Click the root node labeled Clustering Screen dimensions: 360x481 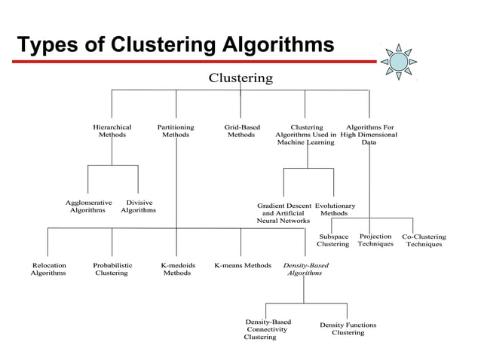(x=240, y=78)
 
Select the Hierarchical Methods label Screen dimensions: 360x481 (x=112, y=132)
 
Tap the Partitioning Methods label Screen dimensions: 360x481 (x=176, y=132)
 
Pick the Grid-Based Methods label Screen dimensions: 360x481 (x=242, y=132)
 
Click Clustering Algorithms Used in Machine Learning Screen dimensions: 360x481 (x=305, y=135)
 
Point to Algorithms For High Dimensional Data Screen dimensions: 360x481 (x=369, y=135)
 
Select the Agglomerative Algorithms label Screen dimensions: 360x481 (x=88, y=206)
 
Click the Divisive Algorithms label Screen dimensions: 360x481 (x=139, y=206)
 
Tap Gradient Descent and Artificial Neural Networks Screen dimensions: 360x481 (x=283, y=213)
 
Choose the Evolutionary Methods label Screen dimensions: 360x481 (x=335, y=209)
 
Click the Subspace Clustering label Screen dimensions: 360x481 (x=332, y=240)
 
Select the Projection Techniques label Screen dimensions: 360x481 (x=375, y=240)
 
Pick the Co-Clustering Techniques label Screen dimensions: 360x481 (x=424, y=240)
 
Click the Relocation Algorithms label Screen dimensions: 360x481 (x=48, y=270)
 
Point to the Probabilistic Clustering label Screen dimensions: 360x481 (x=112, y=270)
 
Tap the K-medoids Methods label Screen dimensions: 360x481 (x=177, y=270)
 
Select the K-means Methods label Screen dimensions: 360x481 (x=243, y=266)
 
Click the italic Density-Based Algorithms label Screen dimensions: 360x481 (x=305, y=270)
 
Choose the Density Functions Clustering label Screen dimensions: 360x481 (x=348, y=328)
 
